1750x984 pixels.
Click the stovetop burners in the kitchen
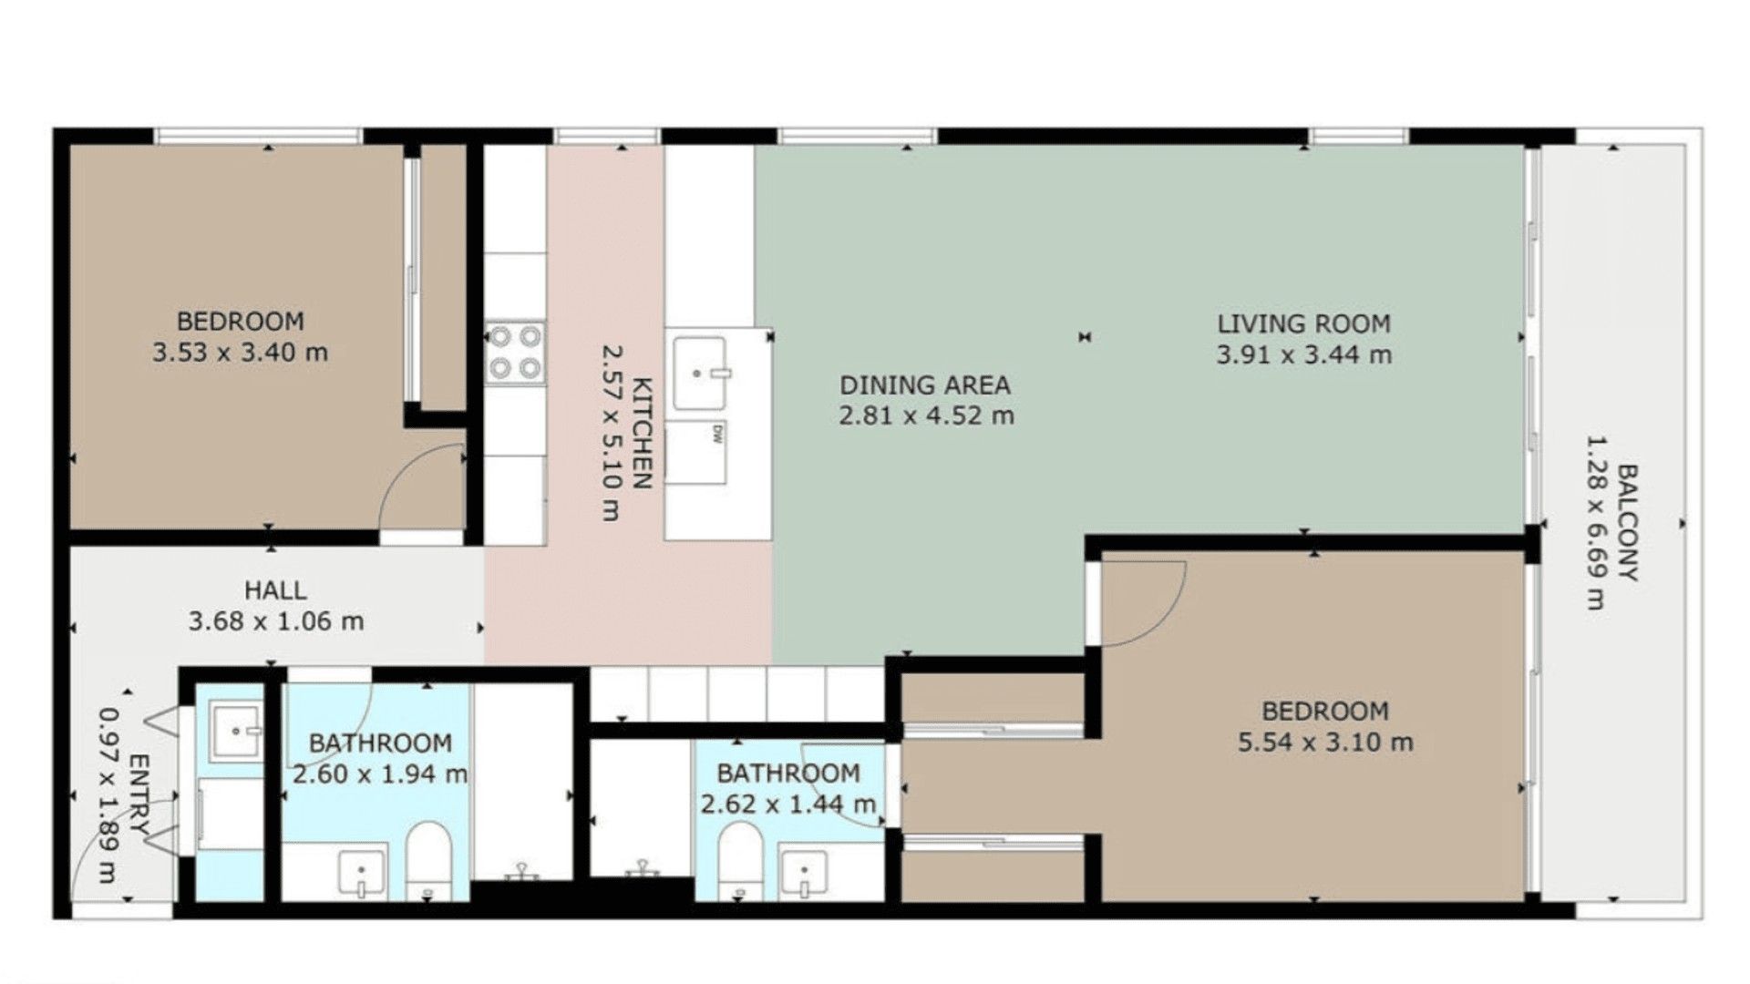[x=515, y=353]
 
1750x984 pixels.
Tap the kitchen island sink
[x=700, y=374]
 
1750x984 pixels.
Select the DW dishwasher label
[x=717, y=435]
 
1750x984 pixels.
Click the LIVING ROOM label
[x=1303, y=323]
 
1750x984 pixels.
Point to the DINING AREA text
[x=925, y=385]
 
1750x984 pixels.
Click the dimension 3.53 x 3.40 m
[x=240, y=353]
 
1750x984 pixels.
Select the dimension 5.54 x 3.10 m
[x=1325, y=743]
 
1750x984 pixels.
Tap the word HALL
[x=275, y=590]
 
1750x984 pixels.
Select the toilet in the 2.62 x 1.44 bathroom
[x=740, y=861]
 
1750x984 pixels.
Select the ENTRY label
[x=139, y=793]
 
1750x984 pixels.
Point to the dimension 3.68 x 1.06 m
[x=276, y=621]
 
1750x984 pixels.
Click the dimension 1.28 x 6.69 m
[x=1595, y=523]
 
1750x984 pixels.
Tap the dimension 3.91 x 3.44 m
[x=1303, y=355]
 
